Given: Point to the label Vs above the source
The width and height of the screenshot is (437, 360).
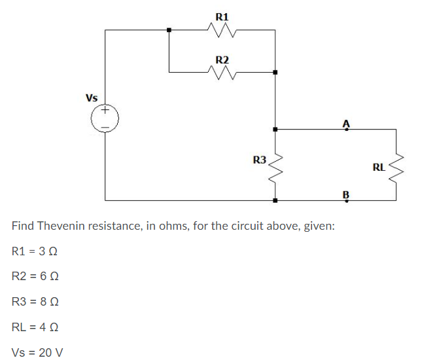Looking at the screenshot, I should (92, 98).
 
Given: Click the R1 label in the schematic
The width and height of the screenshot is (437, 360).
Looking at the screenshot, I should (222, 15).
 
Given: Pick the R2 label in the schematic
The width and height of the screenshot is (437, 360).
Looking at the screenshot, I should (222, 60).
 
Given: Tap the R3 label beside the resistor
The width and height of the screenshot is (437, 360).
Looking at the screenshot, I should (260, 159).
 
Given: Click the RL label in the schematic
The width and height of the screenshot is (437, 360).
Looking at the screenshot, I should (379, 167).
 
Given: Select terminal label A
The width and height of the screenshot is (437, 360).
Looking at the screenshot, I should (346, 122).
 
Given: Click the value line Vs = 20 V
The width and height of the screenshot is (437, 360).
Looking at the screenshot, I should (37, 352).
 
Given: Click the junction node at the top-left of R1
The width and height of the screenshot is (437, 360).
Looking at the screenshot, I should (169, 29).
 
